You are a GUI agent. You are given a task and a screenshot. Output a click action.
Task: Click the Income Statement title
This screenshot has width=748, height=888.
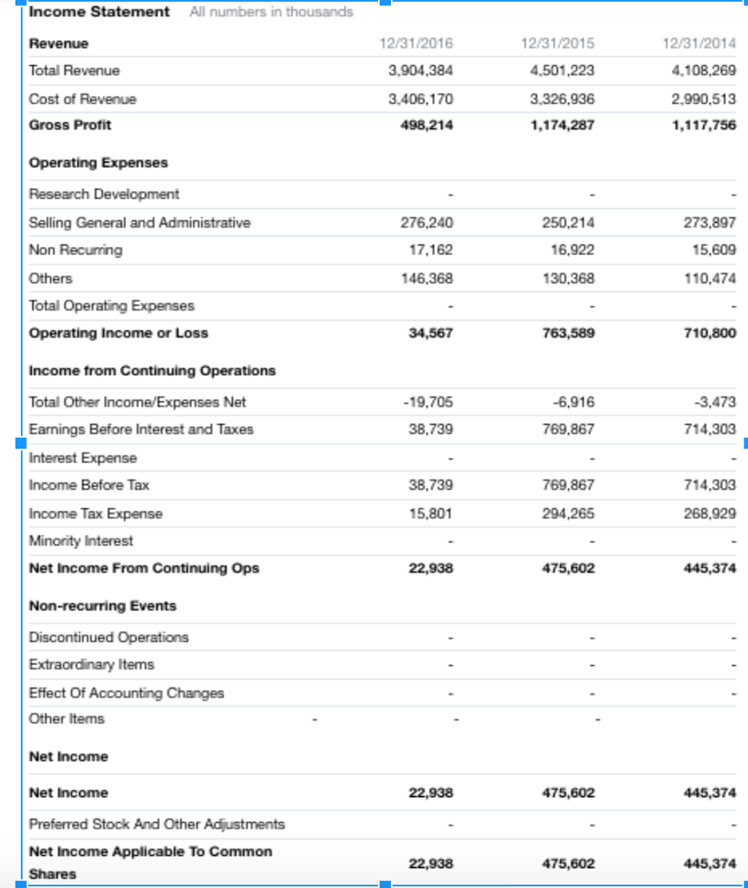pyautogui.click(x=99, y=12)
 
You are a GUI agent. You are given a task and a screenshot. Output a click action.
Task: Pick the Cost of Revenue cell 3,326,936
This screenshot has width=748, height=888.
pyautogui.click(x=562, y=99)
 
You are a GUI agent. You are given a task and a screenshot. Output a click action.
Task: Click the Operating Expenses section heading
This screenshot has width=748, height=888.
pyautogui.click(x=98, y=163)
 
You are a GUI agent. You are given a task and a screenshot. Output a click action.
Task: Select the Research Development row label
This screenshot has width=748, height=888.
pyautogui.click(x=104, y=194)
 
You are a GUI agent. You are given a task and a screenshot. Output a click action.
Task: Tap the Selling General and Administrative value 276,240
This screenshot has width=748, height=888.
pyautogui.click(x=426, y=223)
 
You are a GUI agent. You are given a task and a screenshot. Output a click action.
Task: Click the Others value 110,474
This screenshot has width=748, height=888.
pyautogui.click(x=710, y=278)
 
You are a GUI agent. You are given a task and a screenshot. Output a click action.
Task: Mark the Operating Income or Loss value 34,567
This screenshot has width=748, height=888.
pyautogui.click(x=430, y=333)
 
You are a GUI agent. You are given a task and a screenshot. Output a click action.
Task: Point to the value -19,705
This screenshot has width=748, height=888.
pyautogui.click(x=428, y=402)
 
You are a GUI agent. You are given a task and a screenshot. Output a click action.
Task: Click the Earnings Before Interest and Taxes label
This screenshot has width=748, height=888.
pyautogui.click(x=140, y=429)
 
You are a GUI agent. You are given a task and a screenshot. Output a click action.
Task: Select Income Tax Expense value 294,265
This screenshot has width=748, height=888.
pyautogui.click(x=569, y=513)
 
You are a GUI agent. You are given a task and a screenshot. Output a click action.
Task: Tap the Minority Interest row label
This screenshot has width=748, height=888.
pyautogui.click(x=81, y=541)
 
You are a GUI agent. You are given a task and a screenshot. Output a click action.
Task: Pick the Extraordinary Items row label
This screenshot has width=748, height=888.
pyautogui.click(x=91, y=665)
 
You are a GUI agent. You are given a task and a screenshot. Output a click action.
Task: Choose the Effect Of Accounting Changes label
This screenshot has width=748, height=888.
pyautogui.click(x=126, y=693)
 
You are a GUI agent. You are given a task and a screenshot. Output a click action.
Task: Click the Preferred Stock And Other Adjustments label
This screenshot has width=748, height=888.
pyautogui.click(x=156, y=824)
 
